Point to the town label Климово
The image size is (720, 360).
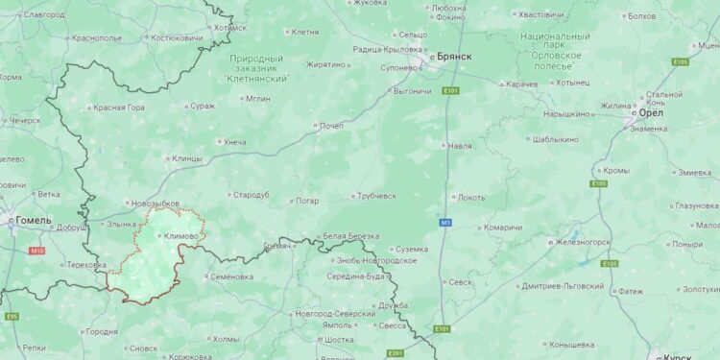point(181,236)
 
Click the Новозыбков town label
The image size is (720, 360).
point(156,204)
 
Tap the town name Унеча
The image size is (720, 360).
point(234,142)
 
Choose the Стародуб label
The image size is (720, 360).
point(251,195)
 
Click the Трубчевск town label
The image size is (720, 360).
point(377,196)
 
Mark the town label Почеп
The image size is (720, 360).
point(331,126)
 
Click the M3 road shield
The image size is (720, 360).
point(445,223)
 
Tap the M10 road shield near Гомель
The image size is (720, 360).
point(37,251)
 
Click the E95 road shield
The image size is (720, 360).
point(12,316)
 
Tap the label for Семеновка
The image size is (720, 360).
point(230,276)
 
